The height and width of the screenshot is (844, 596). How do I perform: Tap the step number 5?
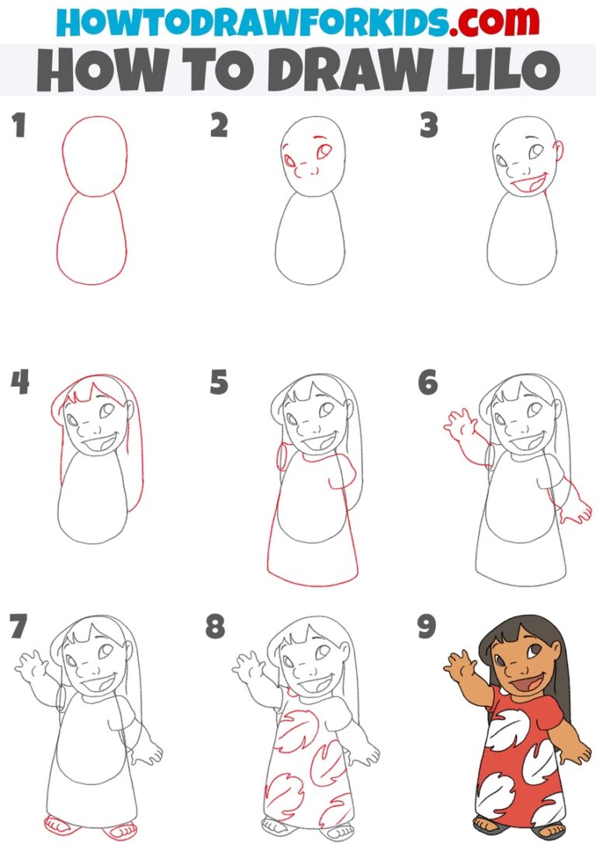(x=220, y=383)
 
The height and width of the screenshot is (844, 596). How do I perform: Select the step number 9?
(x=427, y=627)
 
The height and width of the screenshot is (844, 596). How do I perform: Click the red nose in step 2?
(x=307, y=172)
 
